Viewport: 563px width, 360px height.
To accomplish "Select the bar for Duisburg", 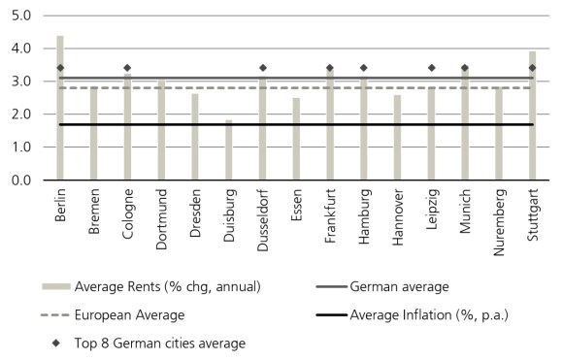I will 229,150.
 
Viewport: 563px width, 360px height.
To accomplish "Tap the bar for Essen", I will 296,140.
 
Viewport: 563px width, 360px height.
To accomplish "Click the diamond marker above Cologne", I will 127,68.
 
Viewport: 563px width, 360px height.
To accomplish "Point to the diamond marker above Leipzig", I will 431,68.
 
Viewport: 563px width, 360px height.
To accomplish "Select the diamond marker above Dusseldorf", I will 262,68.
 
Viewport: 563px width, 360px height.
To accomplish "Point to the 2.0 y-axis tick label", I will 21,115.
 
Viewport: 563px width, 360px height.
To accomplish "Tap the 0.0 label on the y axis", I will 21,180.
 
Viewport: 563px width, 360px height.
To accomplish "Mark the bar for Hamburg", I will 363,131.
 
